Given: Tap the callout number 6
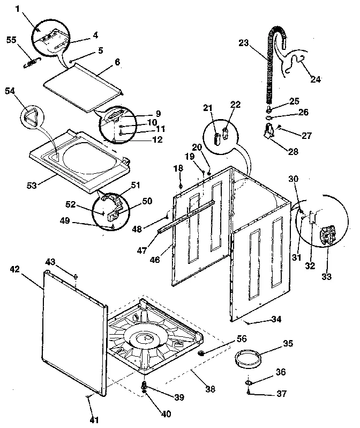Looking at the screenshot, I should coord(117,62).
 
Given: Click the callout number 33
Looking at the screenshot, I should coord(326,277).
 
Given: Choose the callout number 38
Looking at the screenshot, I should coord(211,389).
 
